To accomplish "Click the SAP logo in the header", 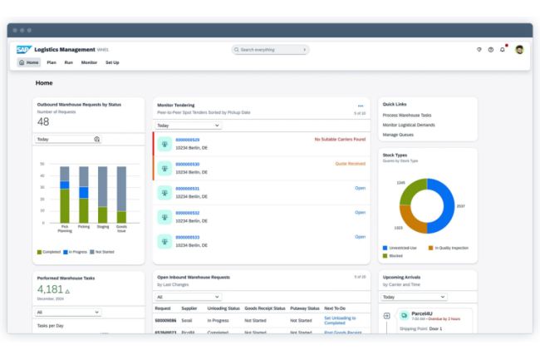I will pos(22,50).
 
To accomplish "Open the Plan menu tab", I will pos(52,62).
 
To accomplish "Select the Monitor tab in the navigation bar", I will pos(89,62).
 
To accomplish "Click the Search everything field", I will pos(271,50).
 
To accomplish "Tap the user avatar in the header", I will pos(519,50).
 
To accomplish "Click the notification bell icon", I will pos(502,50).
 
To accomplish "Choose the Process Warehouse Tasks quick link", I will pos(407,115).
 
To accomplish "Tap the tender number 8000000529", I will pos(188,140).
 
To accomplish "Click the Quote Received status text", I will pos(350,164).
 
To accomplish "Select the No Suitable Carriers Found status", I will pos(340,140).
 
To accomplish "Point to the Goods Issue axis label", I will pos(122,229).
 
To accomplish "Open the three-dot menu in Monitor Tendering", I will pos(361,106).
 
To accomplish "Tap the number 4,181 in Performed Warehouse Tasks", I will pos(49,289).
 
